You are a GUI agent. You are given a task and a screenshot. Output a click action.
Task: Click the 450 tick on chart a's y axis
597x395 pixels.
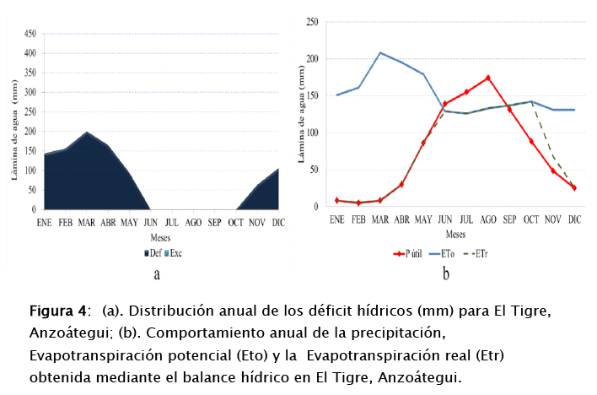pyautogui.click(x=30, y=34)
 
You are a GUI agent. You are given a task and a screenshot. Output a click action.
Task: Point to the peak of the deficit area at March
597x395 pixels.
pyautogui.click(x=86, y=133)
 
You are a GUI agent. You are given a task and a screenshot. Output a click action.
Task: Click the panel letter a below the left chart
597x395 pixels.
pyautogui.click(x=157, y=273)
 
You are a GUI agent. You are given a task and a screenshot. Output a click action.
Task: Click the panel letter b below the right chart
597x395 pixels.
pyautogui.click(x=446, y=273)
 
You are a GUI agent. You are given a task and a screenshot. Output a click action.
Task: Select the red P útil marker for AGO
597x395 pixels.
pyautogui.click(x=488, y=78)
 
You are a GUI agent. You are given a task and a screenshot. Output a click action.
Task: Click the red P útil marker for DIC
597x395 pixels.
pyautogui.click(x=574, y=188)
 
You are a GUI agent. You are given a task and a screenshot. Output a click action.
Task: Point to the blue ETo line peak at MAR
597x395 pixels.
pyautogui.click(x=380, y=52)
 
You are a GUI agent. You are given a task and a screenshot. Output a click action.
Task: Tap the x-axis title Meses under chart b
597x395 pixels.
pyautogui.click(x=455, y=235)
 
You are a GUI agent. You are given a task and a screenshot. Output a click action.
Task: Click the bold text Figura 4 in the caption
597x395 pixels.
pyautogui.click(x=58, y=311)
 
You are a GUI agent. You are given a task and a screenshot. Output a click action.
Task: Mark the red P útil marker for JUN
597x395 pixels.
pyautogui.click(x=445, y=104)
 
